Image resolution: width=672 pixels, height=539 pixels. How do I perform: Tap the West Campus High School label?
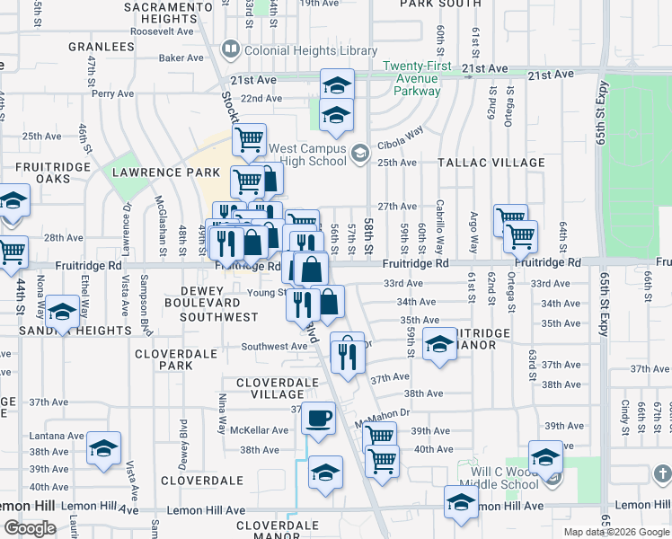pyautogui.click(x=307, y=155)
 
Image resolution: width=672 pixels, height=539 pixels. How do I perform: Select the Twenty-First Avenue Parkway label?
pyautogui.click(x=412, y=78)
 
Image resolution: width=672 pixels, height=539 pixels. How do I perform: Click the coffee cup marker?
pyautogui.click(x=318, y=418)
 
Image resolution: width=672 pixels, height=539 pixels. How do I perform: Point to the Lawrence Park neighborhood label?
pyautogui.click(x=165, y=172)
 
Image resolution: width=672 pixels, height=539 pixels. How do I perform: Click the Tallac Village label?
pyautogui.click(x=491, y=163)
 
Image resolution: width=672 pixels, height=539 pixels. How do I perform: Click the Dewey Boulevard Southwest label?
pyautogui.click(x=218, y=304)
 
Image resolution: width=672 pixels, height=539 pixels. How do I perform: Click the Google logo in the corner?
pyautogui.click(x=30, y=527)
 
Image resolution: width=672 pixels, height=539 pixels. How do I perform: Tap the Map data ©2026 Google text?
pyautogui.click(x=616, y=532)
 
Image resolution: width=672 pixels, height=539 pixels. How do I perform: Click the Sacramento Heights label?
pyautogui.click(x=161, y=13)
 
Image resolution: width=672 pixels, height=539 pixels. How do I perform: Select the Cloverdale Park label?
pyautogui.click(x=176, y=359)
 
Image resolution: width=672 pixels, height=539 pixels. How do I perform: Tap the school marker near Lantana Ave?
pyautogui.click(x=103, y=447)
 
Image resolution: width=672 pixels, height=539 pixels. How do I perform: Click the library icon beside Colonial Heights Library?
pyautogui.click(x=230, y=49)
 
